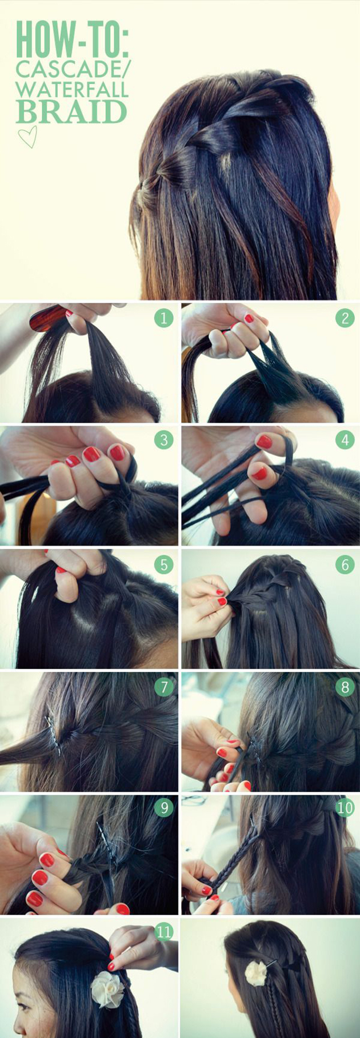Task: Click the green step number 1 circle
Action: (x=163, y=318)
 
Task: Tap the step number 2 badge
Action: (x=345, y=318)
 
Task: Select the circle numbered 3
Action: (x=164, y=440)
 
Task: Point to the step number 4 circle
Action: (x=345, y=440)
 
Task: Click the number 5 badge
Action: (x=164, y=564)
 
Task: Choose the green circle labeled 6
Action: (x=345, y=564)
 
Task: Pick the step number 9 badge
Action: (x=164, y=807)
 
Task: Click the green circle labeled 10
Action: (x=345, y=807)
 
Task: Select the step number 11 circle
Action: (x=164, y=932)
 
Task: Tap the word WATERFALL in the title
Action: (x=72, y=89)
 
